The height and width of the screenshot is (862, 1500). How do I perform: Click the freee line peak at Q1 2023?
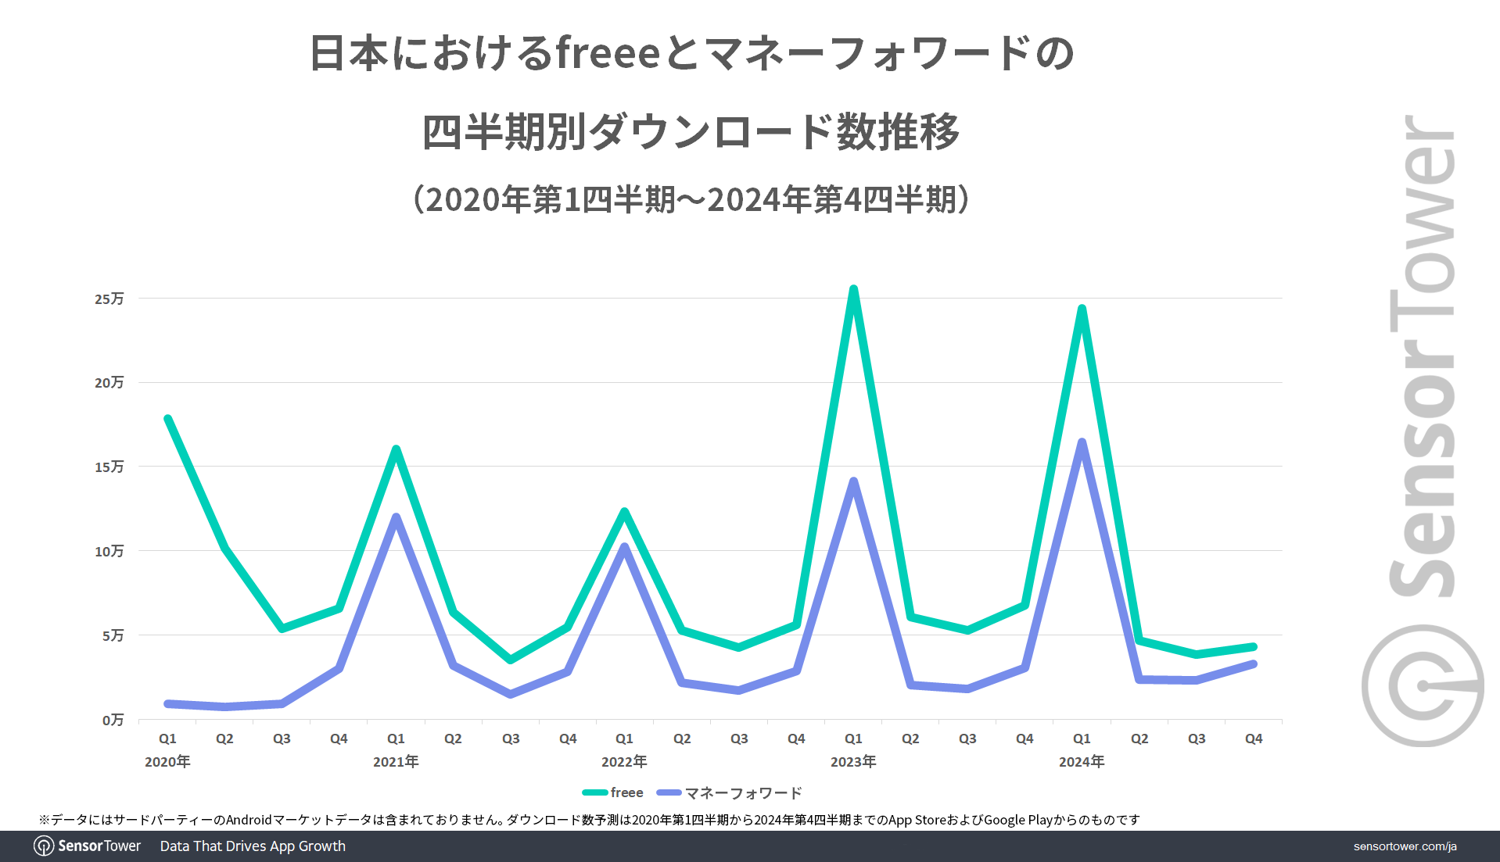853,290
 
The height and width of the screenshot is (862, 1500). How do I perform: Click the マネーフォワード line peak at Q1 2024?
1082,443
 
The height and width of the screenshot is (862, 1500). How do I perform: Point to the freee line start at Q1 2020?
168,420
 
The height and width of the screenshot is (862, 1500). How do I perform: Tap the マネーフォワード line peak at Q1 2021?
397,517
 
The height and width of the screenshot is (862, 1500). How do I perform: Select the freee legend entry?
613,792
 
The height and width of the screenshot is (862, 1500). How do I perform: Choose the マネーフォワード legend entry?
730,792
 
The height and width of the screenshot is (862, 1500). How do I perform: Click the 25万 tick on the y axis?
109,299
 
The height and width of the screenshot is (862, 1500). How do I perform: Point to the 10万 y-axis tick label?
109,551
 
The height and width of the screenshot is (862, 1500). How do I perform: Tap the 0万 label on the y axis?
113,720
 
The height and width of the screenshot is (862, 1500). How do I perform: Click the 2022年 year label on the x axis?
624,761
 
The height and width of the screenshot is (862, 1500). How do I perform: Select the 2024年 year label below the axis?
1082,761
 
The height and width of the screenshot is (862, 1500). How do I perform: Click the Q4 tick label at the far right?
1254,739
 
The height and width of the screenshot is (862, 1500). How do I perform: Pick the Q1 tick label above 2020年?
167,739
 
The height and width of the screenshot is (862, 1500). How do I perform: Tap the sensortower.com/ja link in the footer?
1405,846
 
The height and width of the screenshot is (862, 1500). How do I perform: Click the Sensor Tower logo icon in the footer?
44,846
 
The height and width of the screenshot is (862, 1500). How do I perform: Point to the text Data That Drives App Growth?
253,846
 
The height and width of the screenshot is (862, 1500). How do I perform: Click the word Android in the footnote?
249,820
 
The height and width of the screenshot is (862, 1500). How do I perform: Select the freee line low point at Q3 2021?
511,660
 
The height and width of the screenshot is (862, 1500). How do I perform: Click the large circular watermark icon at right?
1423,685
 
